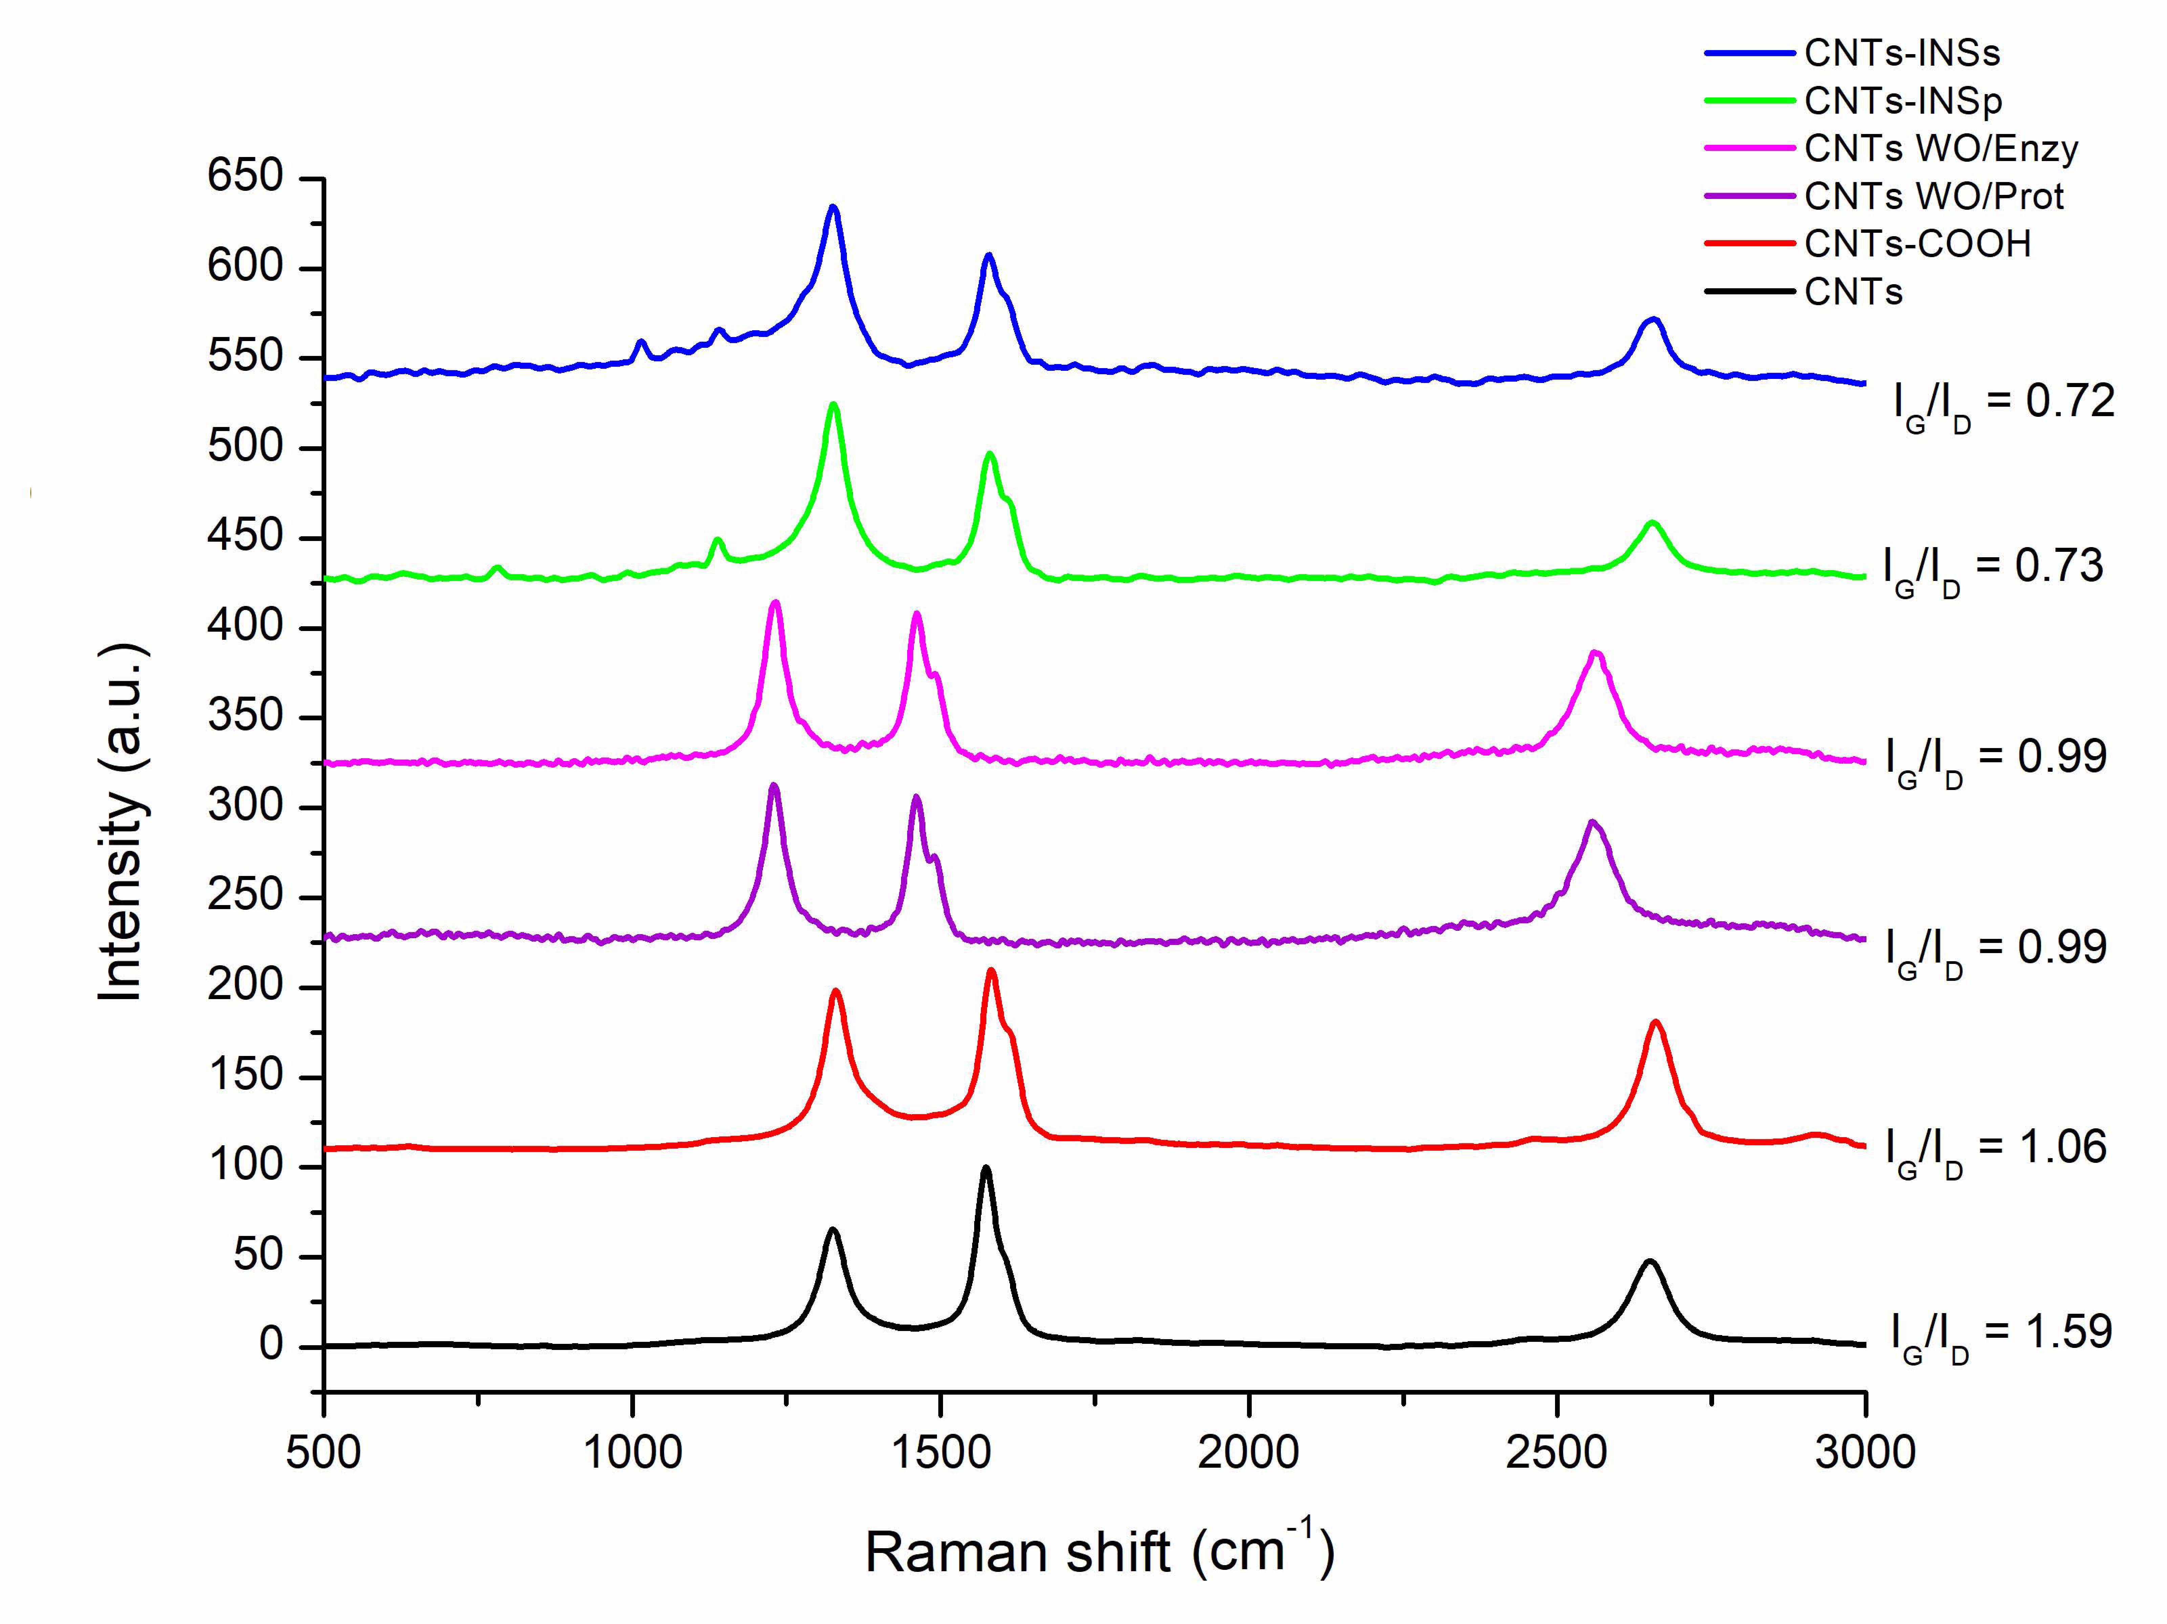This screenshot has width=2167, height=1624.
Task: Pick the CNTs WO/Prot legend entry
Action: coord(1933,197)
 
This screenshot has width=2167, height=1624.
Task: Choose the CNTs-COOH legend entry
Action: coord(1917,244)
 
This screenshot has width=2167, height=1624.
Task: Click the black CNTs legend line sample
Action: coord(1749,292)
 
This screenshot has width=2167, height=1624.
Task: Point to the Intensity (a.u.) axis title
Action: coord(123,823)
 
